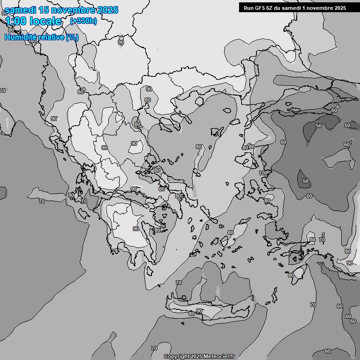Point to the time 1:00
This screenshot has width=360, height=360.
(x=15, y=21)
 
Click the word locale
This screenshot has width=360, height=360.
(x=45, y=21)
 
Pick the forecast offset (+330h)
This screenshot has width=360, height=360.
(x=83, y=21)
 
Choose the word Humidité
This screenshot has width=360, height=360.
(x=22, y=37)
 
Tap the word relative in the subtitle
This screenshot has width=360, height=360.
(x=52, y=37)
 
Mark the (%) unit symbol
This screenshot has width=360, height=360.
(x=72, y=37)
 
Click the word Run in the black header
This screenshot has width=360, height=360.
(x=248, y=8)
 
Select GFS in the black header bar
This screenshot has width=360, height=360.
(x=260, y=8)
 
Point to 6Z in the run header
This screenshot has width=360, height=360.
(x=271, y=8)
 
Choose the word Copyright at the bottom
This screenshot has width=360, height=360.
(x=177, y=356)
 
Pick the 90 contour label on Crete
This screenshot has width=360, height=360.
(x=199, y=311)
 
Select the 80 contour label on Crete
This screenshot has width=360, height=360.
(x=191, y=314)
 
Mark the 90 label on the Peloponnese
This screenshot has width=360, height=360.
(x=135, y=229)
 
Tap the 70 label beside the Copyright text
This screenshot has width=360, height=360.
(x=154, y=348)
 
